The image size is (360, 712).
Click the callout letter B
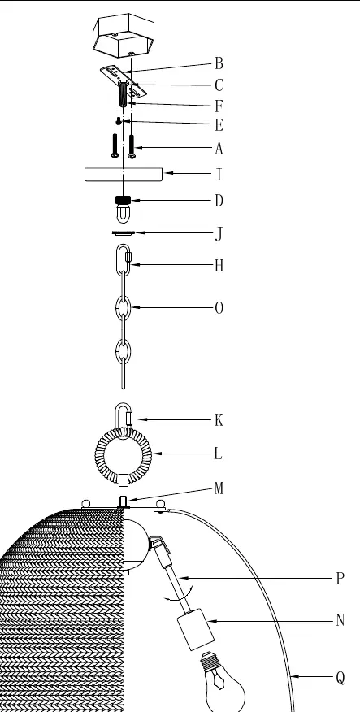pos(219,63)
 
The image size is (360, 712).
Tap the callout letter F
pos(219,106)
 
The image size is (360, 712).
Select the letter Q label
pos(340,678)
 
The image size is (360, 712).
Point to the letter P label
pos(340,579)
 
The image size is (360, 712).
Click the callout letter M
pos(219,488)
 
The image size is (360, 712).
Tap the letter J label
pos(219,234)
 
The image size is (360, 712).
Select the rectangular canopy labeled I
pos(124,175)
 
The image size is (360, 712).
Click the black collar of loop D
pos(124,200)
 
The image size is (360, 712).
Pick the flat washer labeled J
pos(124,233)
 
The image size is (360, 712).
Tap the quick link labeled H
pos(124,260)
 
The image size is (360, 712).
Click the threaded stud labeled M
pos(123,502)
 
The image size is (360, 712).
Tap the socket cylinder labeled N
pos(195,629)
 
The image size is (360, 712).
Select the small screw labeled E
pos(119,121)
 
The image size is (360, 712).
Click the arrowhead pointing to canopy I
pos(167,173)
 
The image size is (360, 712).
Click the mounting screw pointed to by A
pos(132,146)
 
